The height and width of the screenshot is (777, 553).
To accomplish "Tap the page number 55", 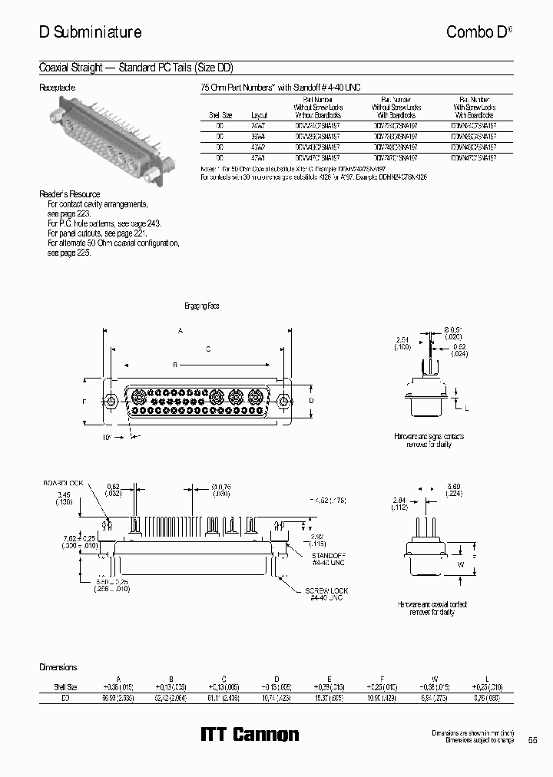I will click(532, 740).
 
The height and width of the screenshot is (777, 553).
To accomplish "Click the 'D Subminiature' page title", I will click(90, 32).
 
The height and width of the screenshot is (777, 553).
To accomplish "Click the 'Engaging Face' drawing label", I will click(202, 306).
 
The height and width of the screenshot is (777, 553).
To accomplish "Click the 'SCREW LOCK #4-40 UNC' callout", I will click(326, 593).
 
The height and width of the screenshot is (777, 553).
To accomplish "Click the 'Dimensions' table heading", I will click(58, 667).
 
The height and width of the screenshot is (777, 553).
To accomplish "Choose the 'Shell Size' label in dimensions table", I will click(61, 686).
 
